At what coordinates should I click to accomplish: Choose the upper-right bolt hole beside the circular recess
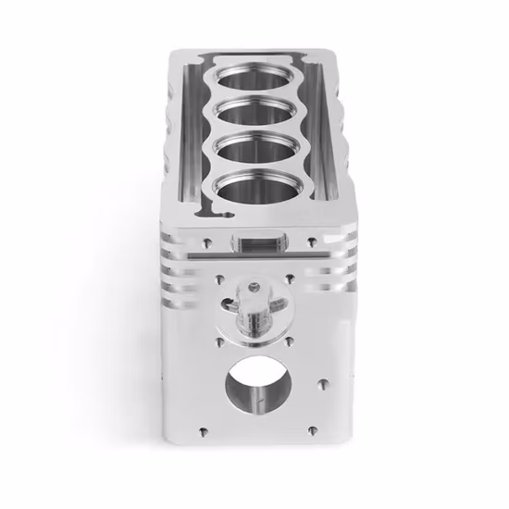pyautogui.click(x=290, y=277)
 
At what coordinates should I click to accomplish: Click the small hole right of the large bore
pyautogui.click(x=322, y=379)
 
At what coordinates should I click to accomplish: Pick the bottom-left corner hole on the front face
pyautogui.click(x=200, y=429)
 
